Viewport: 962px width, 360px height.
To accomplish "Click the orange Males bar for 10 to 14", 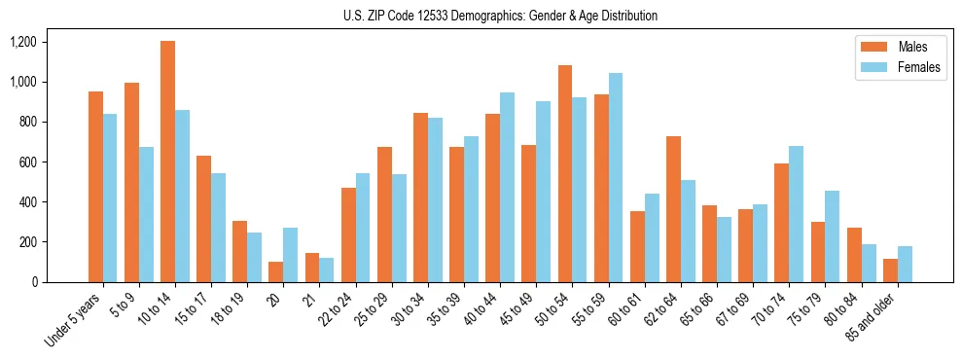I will point(167,162).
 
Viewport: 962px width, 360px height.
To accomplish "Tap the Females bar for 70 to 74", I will point(796,214).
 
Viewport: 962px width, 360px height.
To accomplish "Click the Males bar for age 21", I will point(312,268).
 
